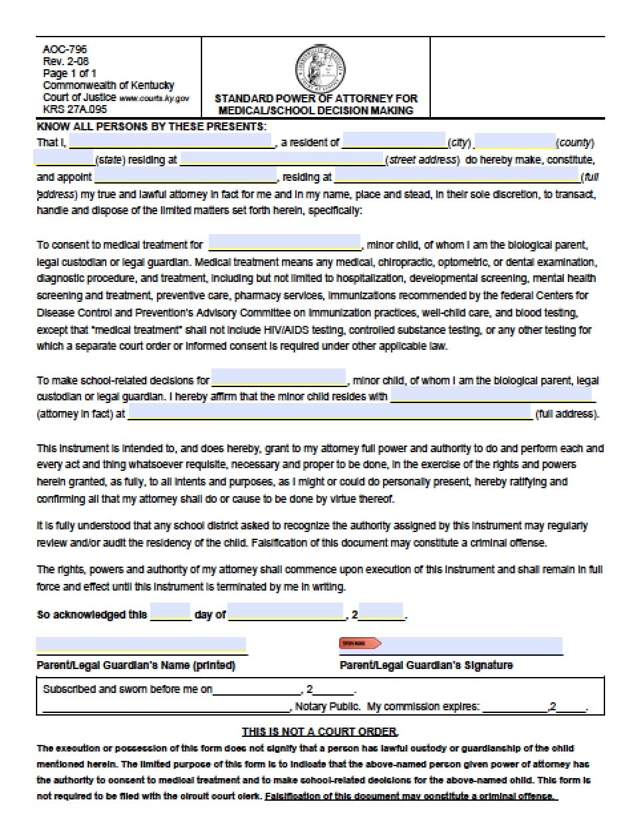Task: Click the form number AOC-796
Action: (64, 49)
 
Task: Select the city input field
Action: (394, 141)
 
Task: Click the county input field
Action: (515, 141)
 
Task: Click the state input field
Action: (64, 158)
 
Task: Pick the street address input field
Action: (282, 158)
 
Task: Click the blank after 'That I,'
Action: (171, 141)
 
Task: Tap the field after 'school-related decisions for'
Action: (279, 378)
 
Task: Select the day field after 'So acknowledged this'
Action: (171, 613)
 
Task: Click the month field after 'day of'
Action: (286, 613)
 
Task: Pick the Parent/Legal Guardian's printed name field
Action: (141, 645)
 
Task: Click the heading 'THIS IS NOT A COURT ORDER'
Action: (320, 732)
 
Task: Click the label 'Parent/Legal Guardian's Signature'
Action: (426, 665)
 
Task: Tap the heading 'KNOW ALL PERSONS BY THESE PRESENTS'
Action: (152, 126)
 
